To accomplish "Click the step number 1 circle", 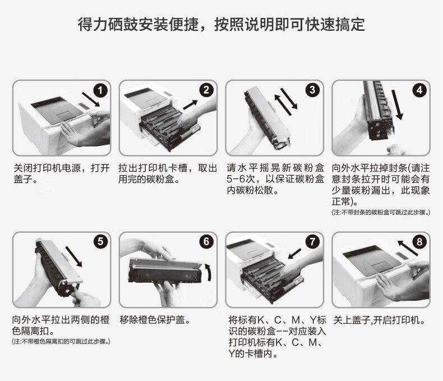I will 100,90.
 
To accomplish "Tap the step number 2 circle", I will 206,90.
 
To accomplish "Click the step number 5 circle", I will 100,242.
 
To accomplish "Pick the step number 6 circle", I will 206,242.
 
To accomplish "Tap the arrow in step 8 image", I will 407,248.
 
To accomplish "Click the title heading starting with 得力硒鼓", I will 221,24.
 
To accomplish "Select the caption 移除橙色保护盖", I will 155,320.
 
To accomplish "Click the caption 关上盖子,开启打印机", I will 379,320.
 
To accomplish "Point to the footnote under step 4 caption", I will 381,213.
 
